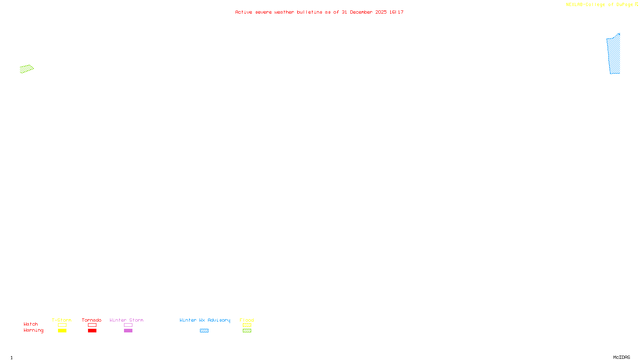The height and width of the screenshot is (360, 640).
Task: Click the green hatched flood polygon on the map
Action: pos(26,69)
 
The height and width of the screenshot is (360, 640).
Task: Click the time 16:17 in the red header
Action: pos(396,12)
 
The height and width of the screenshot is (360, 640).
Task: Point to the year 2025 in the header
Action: pos(381,12)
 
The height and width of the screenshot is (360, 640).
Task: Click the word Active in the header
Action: pos(244,12)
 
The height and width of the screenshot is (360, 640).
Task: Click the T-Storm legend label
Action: pos(62,320)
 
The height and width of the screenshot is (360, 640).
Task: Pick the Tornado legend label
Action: pos(92,320)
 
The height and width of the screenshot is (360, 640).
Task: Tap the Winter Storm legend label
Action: pos(126,320)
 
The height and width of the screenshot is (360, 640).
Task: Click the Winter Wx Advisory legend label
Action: pos(205,320)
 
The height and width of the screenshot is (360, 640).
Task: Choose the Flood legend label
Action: pos(247,320)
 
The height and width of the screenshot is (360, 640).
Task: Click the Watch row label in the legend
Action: pos(31,324)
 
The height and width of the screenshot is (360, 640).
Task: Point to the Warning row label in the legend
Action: pos(34,330)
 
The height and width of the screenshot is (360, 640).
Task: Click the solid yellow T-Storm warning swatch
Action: pos(62,331)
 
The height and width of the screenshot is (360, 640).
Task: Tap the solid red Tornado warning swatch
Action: pos(92,331)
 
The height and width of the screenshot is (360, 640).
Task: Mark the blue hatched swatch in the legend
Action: pos(204,331)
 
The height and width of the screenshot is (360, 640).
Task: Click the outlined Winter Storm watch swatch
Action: pos(128,325)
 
